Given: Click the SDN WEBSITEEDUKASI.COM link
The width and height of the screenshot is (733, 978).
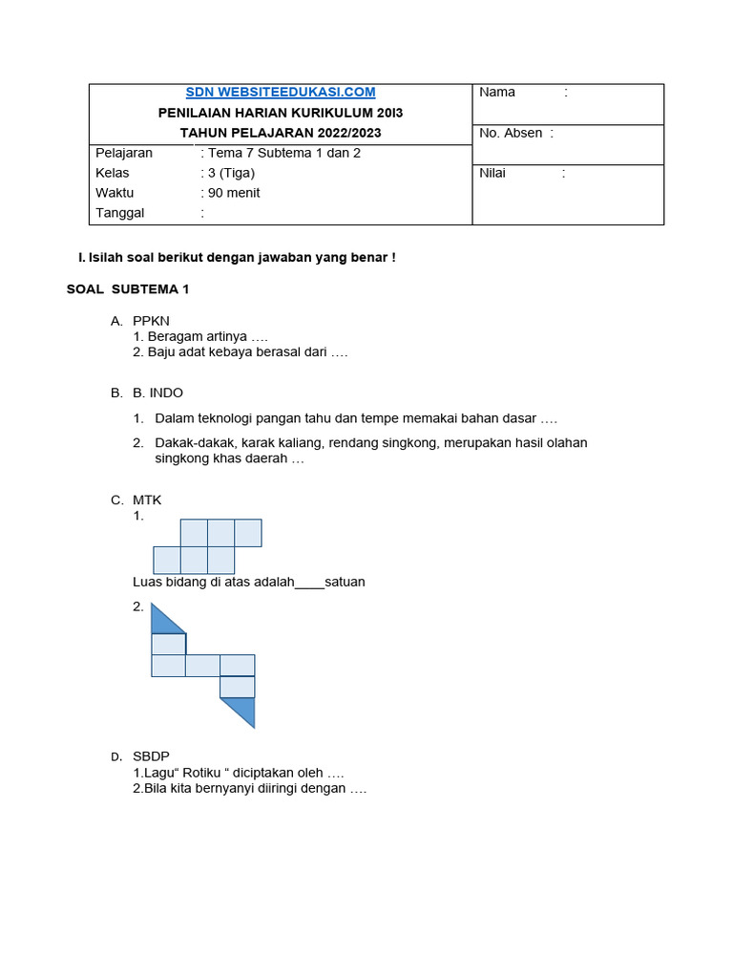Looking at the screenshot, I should click(x=281, y=92).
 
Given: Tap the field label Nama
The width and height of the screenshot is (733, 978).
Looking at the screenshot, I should click(x=497, y=92).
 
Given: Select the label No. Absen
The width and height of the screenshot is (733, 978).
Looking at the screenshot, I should click(x=511, y=133).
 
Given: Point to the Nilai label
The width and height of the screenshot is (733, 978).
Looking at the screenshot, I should click(x=492, y=173).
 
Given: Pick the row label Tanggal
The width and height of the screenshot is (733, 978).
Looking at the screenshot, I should click(x=120, y=213).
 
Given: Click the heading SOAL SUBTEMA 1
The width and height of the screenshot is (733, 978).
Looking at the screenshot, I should click(x=129, y=288).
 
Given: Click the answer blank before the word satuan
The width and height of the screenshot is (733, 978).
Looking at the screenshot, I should click(x=310, y=582).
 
